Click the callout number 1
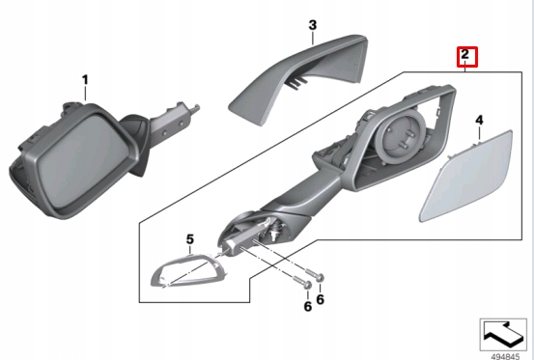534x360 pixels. pos(85,80)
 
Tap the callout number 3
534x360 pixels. pos(313,25)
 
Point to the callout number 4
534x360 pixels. pos(479,120)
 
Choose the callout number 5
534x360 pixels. pos(190,239)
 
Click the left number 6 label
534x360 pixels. pos(307,307)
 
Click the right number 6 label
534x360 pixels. pos(321,299)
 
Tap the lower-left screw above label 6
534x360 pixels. pos(302,282)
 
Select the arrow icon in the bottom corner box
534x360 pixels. pos(503,335)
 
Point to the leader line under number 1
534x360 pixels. pos(85,94)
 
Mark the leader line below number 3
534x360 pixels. pos(313,38)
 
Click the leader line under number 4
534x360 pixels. pos(479,133)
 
